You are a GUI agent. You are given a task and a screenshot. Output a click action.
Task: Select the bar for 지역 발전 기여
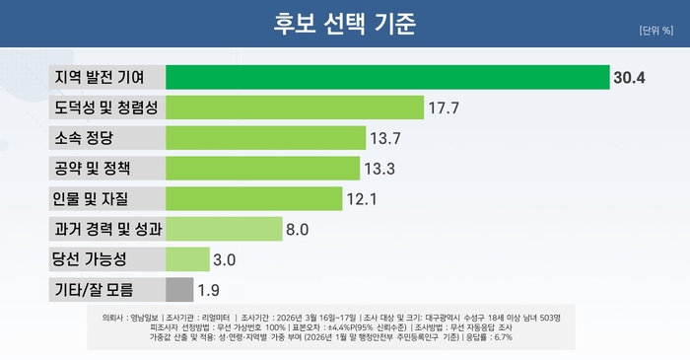pos(387,77)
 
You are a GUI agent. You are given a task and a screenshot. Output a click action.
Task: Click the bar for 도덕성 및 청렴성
pos(295,108)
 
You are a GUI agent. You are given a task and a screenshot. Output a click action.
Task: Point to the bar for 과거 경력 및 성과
pos(224,230)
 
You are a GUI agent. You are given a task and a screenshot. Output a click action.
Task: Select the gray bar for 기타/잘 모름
pos(179,290)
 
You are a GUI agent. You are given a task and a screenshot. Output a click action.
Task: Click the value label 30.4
pos(629,78)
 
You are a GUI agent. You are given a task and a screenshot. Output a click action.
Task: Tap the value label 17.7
pos(445,108)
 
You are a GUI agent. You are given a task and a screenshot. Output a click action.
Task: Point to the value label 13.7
pos(386,138)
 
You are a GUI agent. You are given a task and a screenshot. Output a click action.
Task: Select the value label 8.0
pos(298,230)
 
